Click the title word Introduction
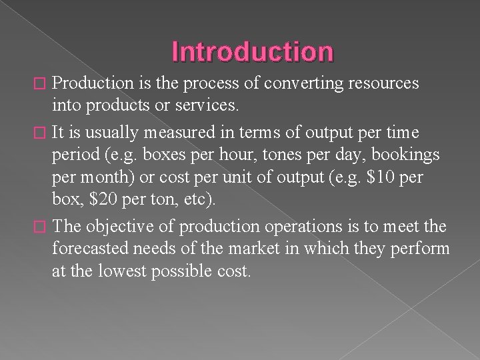pos(253,51)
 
